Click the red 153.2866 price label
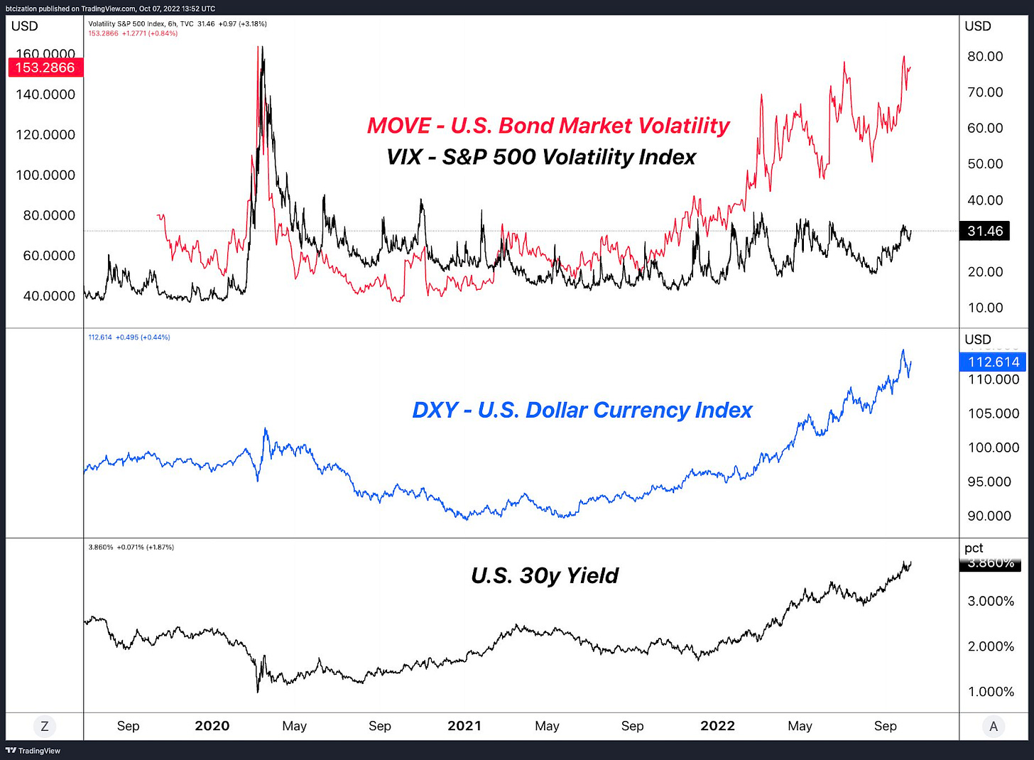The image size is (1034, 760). tap(45, 67)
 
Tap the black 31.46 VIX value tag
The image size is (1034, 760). tap(984, 231)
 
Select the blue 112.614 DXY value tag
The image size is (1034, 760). tap(993, 362)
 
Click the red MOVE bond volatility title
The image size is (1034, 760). tap(548, 126)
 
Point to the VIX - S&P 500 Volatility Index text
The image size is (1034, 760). tap(541, 157)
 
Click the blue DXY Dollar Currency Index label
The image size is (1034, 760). tap(582, 410)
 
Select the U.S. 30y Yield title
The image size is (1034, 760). tap(545, 575)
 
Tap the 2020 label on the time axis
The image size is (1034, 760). tap(212, 726)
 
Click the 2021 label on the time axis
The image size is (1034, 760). tap(464, 726)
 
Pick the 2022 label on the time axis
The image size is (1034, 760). tap(717, 726)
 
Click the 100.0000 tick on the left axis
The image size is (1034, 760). tap(45, 175)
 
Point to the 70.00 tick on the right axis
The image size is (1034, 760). tap(985, 92)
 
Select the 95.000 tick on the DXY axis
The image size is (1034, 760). tap(989, 482)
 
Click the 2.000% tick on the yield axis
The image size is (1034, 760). tap(991, 646)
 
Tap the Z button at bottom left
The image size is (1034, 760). tap(45, 726)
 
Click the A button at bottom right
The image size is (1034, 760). tap(994, 726)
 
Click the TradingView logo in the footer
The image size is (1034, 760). tap(33, 751)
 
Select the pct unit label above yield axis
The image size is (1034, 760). tap(974, 548)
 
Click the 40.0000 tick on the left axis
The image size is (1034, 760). tap(49, 296)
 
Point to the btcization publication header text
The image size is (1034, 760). tap(110, 9)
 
